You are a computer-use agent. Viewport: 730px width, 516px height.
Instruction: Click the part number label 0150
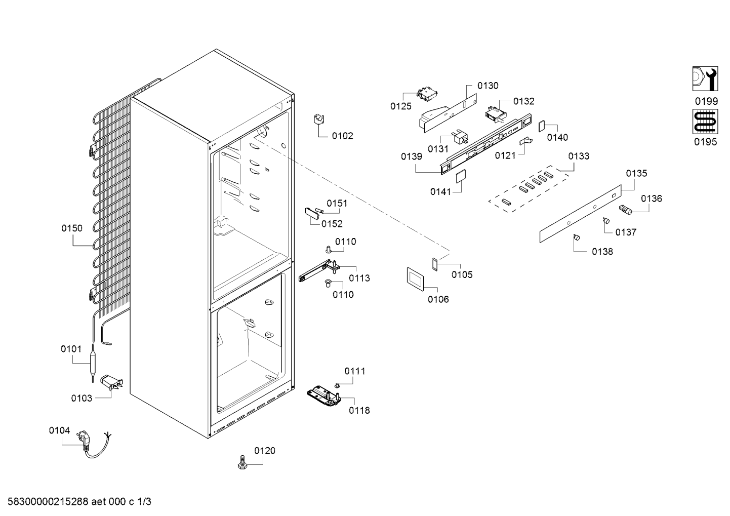[x=72, y=228]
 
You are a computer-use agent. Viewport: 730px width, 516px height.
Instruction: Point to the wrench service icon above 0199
[x=705, y=78]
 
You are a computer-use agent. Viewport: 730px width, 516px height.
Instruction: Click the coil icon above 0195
[x=705, y=122]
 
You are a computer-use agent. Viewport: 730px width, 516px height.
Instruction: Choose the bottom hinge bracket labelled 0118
[x=324, y=396]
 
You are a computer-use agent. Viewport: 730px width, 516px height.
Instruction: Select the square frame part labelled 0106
[x=415, y=279]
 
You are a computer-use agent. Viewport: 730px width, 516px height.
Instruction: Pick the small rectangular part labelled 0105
[x=434, y=264]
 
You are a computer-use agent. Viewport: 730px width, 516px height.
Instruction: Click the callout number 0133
[x=579, y=156]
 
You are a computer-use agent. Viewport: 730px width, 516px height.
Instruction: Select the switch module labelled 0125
[x=427, y=94]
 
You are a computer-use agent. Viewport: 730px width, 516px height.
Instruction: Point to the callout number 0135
[x=636, y=173]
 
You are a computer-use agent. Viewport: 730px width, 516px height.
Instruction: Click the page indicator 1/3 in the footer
[x=144, y=502]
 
